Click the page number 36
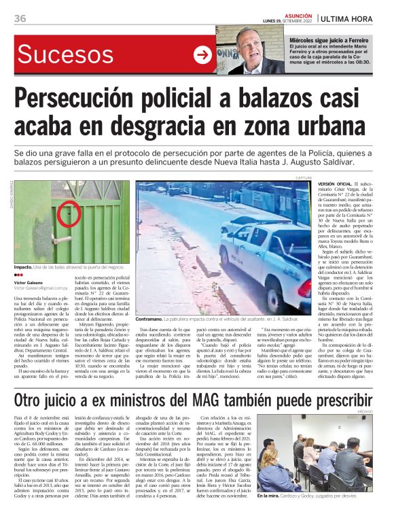click(20, 18)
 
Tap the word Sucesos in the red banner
click(66, 54)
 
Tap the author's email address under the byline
click(40, 288)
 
